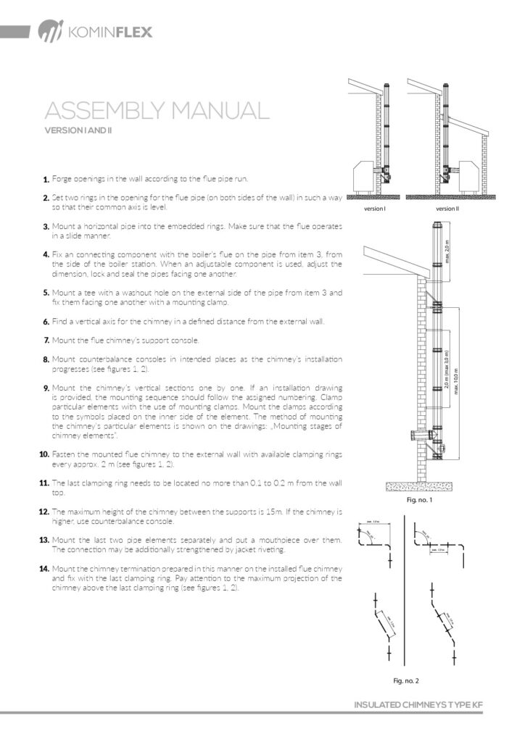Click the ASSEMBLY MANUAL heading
click(x=157, y=112)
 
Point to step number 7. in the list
click(x=46, y=340)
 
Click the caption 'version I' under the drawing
click(x=374, y=209)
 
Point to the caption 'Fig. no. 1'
click(x=421, y=500)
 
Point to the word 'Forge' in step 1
click(x=62, y=179)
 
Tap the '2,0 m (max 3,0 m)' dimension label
click(x=447, y=375)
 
